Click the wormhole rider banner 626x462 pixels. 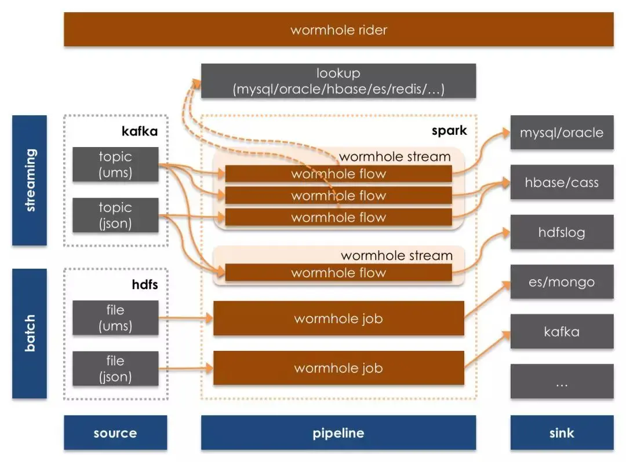[339, 30]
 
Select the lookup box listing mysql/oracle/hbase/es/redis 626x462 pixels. [339, 81]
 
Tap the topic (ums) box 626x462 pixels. [115, 164]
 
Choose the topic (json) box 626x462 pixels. [115, 215]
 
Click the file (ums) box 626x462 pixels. [115, 318]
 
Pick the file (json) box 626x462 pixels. [115, 369]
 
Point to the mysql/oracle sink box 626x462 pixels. [562, 133]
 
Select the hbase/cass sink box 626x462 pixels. [562, 182]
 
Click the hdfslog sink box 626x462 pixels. [562, 232]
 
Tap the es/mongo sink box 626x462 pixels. [562, 282]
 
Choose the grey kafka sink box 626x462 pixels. [562, 332]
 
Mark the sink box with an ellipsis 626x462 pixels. [562, 382]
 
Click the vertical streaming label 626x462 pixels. [30, 181]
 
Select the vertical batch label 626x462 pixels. [30, 333]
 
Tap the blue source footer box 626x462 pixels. [115, 432]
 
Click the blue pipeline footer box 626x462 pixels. [339, 432]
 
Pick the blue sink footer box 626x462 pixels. [562, 432]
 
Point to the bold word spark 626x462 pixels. [449, 130]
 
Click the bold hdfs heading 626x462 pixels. [145, 285]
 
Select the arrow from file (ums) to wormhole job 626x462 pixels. [185, 318]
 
